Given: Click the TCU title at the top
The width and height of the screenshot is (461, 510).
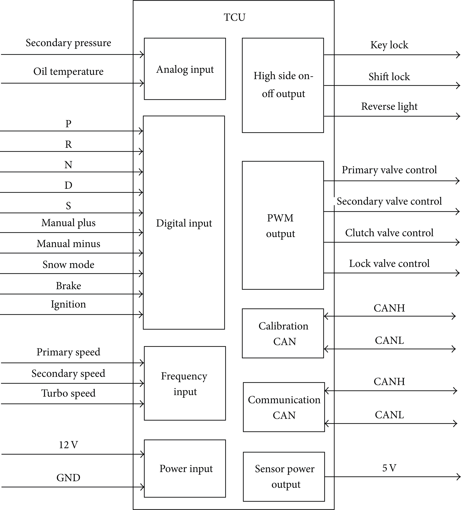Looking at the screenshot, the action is [234, 17].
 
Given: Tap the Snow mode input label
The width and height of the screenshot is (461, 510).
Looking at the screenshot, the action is [68, 264].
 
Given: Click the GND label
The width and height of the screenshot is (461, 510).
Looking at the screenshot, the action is [68, 478].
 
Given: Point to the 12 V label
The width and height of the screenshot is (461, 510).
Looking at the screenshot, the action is [68, 445].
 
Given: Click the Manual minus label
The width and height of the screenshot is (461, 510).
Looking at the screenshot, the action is [68, 244].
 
